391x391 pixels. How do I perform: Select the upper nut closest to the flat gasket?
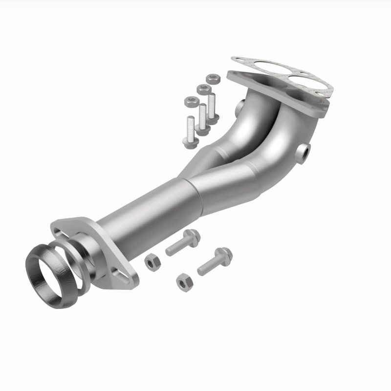[212, 78]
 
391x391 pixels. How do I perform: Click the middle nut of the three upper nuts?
[203, 89]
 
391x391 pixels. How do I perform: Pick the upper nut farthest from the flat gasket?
[191, 102]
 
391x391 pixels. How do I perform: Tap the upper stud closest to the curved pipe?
[212, 105]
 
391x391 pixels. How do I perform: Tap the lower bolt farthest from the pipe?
[215, 261]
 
